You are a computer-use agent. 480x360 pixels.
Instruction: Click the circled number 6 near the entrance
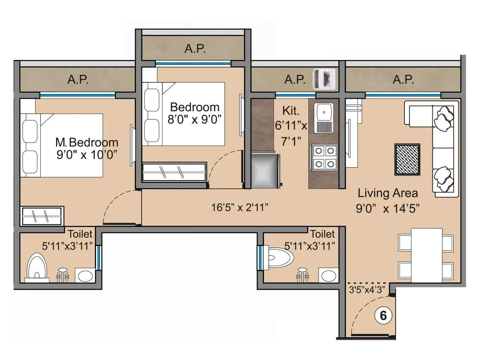click(x=383, y=316)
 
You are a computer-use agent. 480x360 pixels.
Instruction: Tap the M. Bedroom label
click(x=87, y=142)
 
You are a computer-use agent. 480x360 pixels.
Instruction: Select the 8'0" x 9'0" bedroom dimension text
click(x=195, y=120)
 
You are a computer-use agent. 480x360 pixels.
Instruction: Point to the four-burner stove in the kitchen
click(x=323, y=158)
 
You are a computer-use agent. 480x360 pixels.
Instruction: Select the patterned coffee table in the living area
click(x=408, y=159)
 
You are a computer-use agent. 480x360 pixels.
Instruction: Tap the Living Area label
click(x=388, y=193)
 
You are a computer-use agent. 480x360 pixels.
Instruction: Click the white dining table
click(x=426, y=254)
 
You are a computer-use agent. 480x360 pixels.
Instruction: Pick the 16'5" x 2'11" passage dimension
click(x=240, y=207)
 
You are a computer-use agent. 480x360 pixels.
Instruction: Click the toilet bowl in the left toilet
click(x=37, y=266)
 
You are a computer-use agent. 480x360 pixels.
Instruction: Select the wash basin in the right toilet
click(x=328, y=275)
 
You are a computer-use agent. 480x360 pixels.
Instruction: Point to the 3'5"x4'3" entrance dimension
click(x=368, y=290)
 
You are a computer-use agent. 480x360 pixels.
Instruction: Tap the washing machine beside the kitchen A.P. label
click(x=324, y=78)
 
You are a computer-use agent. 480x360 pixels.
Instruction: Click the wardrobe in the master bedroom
click(x=42, y=216)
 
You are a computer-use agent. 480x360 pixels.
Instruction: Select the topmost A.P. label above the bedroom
click(x=195, y=49)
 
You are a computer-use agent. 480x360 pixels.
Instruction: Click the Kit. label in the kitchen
click(x=290, y=110)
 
